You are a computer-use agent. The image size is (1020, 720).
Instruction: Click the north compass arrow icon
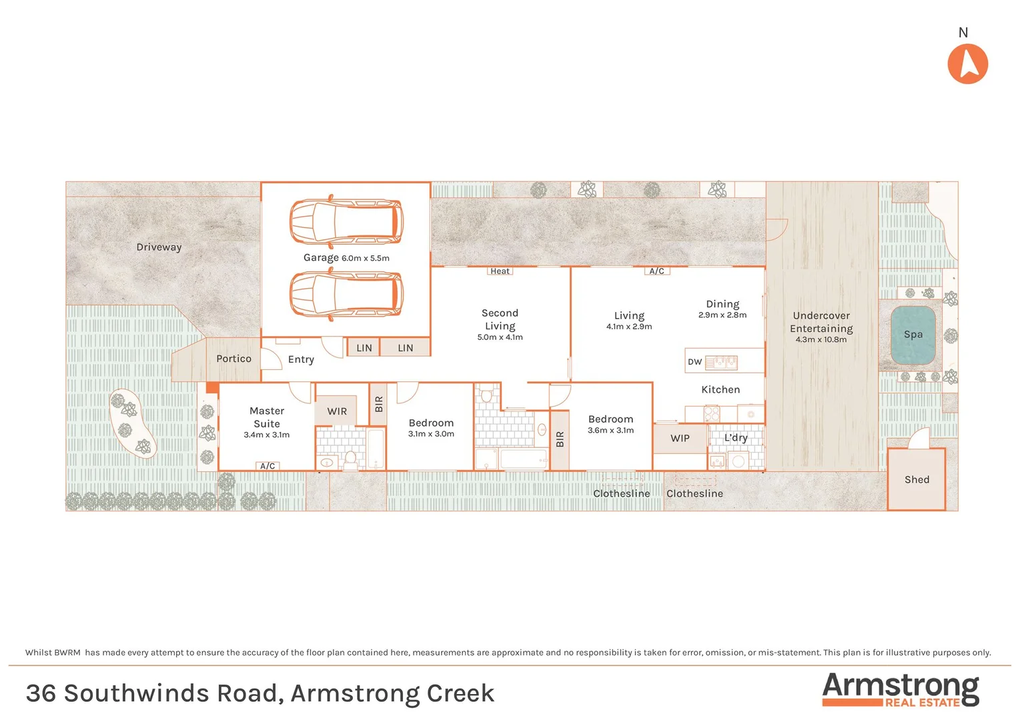[967, 64]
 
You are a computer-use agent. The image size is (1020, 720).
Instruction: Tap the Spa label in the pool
[913, 335]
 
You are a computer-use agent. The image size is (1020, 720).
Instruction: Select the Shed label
[917, 479]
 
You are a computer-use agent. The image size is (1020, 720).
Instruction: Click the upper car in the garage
[346, 222]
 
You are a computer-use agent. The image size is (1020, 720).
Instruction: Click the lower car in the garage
[346, 294]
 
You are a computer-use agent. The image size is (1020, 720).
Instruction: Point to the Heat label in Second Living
[500, 271]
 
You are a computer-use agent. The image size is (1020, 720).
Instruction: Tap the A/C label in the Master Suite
[268, 466]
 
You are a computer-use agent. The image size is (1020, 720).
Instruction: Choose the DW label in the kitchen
[694, 362]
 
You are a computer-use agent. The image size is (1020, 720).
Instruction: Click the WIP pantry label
[680, 438]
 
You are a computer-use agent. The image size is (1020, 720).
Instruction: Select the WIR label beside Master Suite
[337, 411]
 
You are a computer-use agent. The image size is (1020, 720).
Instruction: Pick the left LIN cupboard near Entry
[364, 348]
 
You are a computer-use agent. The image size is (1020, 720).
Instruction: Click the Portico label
[233, 359]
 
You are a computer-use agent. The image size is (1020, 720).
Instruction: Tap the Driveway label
[159, 247]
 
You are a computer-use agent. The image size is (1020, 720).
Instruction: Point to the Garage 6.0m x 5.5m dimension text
[366, 258]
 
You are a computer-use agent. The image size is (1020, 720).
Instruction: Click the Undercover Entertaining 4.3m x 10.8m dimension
[821, 339]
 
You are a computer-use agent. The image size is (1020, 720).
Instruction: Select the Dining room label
[722, 304]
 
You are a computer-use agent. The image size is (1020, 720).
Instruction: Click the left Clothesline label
[621, 493]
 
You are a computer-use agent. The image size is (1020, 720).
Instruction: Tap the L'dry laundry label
[736, 437]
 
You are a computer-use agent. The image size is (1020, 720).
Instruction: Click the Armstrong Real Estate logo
[900, 689]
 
